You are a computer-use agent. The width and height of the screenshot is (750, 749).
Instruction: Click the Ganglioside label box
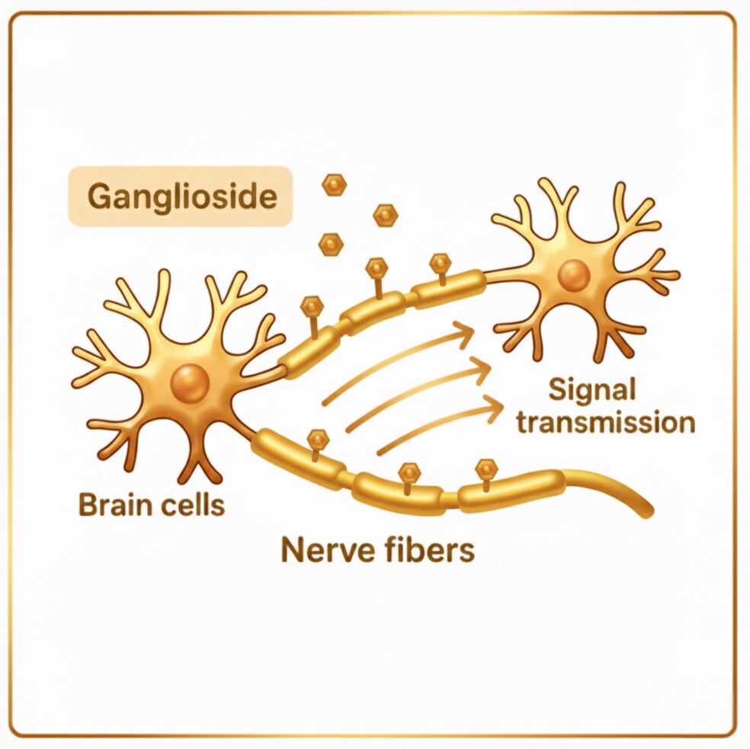(x=181, y=197)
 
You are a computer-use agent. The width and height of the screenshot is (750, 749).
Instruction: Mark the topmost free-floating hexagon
(x=333, y=184)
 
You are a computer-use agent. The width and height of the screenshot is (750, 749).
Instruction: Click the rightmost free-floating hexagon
(x=386, y=214)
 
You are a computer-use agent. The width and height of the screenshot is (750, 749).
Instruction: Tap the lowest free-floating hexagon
(x=331, y=243)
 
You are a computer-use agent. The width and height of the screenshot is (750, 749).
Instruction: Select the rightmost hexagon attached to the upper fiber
(x=441, y=264)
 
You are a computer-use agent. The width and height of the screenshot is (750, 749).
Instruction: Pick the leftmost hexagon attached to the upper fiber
(x=312, y=306)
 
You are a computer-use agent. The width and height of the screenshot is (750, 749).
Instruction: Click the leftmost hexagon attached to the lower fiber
(x=317, y=439)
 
